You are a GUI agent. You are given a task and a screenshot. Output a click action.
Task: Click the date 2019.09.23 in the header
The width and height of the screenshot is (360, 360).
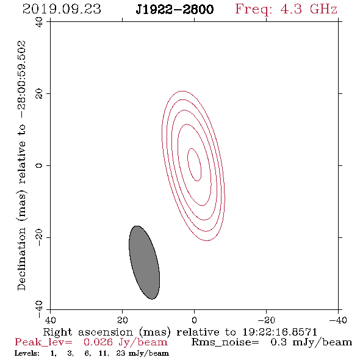tap(62, 9)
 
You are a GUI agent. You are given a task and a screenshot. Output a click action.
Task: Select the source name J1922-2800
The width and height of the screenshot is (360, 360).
tap(175, 9)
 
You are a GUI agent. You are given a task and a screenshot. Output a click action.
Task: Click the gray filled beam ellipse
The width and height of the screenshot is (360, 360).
tap(144, 262)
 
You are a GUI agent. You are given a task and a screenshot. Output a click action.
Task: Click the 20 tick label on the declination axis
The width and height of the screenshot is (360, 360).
tap(39, 94)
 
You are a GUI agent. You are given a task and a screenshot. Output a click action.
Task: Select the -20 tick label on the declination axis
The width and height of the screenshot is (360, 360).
tap(39, 237)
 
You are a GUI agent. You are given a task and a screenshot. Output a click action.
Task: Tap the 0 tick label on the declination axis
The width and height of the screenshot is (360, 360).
tap(39, 165)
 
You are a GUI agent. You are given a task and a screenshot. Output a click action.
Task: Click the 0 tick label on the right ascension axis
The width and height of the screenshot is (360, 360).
tap(194, 320)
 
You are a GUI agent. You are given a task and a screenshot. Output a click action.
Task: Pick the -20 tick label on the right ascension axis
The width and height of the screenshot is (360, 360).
tap(266, 320)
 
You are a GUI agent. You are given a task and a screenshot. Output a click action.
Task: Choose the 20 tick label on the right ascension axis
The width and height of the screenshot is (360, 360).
tap(122, 320)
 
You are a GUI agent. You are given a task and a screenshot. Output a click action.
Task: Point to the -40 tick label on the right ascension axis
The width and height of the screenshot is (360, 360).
tap(338, 320)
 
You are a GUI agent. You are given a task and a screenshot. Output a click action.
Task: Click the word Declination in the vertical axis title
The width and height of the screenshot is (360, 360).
tap(21, 259)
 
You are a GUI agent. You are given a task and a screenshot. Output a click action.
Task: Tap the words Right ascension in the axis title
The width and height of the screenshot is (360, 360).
tap(88, 332)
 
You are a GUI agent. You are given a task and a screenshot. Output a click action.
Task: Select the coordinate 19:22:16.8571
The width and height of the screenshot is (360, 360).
tap(279, 332)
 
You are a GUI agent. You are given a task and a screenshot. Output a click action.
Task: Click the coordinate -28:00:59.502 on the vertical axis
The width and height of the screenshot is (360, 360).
tap(22, 80)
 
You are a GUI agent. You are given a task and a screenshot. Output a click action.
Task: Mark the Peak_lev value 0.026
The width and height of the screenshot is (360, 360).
tap(98, 342)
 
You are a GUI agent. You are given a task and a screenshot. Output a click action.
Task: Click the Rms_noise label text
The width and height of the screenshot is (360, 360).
tap(225, 342)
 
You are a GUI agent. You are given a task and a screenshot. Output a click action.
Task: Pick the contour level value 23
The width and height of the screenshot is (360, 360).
tap(121, 353)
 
